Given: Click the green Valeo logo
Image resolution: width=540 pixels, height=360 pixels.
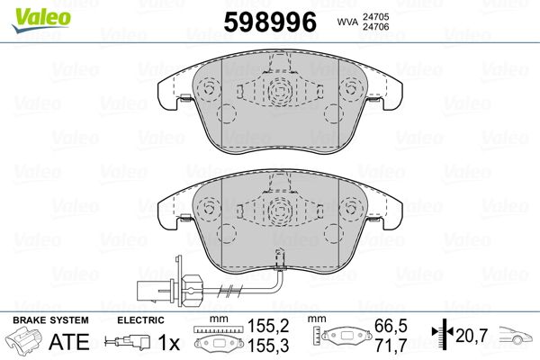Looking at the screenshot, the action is pos(41,20).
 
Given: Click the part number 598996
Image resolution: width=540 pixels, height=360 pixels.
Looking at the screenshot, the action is pos(270,22).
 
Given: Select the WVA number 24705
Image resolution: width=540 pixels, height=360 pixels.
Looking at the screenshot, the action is pos(375,17).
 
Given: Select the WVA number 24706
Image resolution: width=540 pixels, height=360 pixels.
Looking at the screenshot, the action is pos(375,27).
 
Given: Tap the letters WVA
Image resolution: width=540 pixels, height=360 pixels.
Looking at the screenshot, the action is pos(347,22).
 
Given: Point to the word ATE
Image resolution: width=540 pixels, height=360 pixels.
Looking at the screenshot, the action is pos(69,341).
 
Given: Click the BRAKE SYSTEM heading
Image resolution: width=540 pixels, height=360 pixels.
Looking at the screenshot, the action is pos(50,320).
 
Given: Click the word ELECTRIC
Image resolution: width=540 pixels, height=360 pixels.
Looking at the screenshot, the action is pos(141,320).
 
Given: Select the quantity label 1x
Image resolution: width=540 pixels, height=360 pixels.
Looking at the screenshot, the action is pos(169,342).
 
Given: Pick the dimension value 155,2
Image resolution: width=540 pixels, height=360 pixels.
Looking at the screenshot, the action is pos(268,326).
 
